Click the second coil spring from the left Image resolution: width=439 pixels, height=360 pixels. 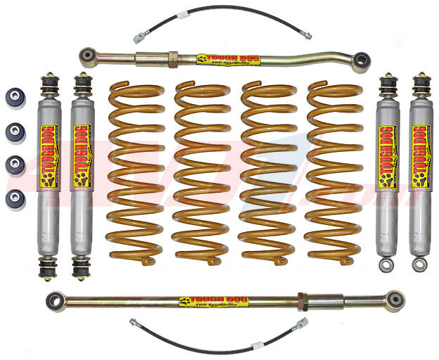point(201,172)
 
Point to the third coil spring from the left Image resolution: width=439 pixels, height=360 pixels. point(266,172)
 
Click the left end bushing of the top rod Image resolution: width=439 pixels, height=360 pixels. point(88,53)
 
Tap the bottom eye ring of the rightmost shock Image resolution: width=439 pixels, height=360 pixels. point(420,265)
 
